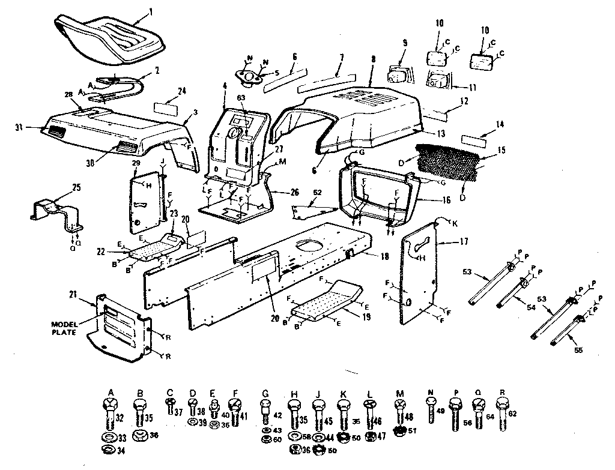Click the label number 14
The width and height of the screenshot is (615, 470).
(x=499, y=125)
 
